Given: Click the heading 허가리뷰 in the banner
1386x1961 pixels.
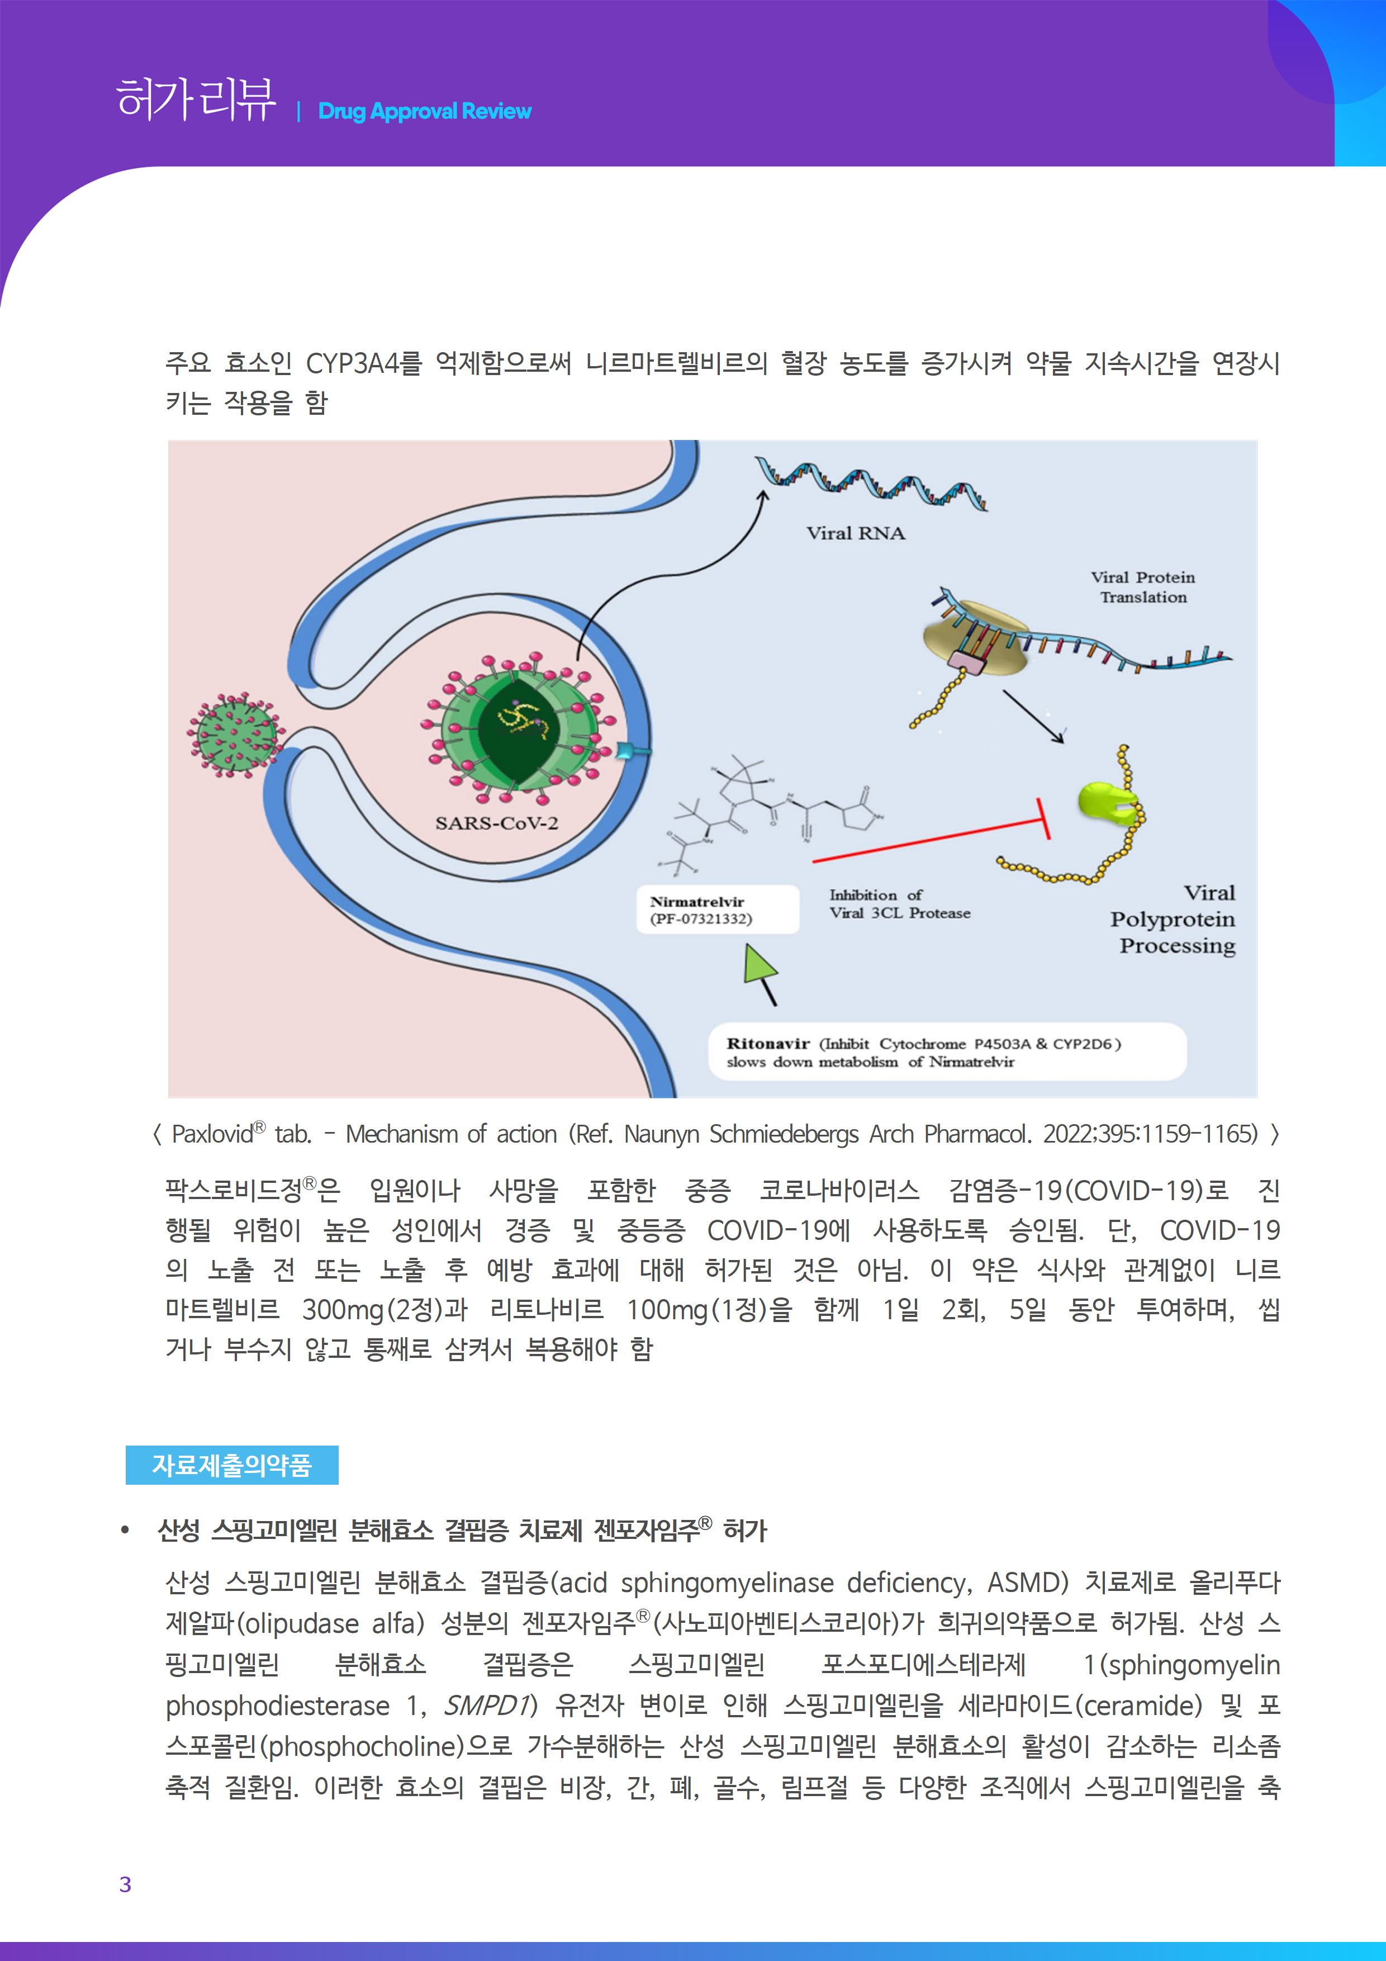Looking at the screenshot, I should (196, 100).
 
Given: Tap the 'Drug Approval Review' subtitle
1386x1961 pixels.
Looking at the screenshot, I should (424, 112).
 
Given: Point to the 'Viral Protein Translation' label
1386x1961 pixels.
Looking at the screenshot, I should (1143, 588).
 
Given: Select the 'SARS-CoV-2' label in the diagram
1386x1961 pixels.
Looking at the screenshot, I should (496, 823).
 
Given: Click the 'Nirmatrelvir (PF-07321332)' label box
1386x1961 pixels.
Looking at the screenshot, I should (718, 910).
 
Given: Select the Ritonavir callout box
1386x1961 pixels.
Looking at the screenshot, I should (946, 1052).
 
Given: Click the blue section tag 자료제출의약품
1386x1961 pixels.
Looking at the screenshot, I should (231, 1465).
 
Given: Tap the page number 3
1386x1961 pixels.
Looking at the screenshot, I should (126, 1884).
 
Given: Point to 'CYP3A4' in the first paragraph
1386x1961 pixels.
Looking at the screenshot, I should (352, 364).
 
